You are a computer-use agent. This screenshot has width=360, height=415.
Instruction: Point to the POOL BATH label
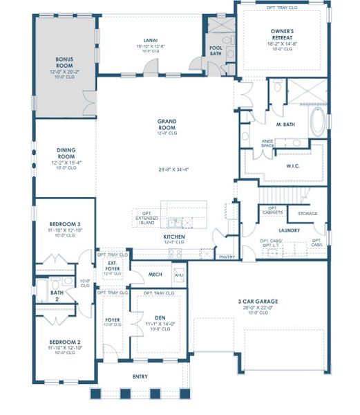(x=216, y=50)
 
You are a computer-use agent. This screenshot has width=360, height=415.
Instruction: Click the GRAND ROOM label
(x=167, y=124)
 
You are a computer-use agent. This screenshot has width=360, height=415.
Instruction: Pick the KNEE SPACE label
(x=267, y=144)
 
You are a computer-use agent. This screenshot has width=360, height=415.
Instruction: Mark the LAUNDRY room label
(x=288, y=230)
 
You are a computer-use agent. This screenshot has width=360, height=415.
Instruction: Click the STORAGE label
(x=307, y=214)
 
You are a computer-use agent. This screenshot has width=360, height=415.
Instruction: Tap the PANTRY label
(x=226, y=257)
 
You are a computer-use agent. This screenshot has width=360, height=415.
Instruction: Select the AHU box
(x=179, y=275)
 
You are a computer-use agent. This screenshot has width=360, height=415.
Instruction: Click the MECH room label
(x=155, y=275)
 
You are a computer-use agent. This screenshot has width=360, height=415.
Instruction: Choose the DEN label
(x=159, y=317)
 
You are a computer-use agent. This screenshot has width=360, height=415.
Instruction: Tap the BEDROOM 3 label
(x=65, y=225)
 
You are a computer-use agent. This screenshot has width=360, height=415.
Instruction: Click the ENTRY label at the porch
(x=140, y=377)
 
